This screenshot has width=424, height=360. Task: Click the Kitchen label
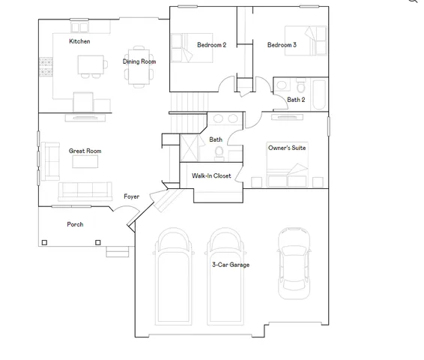click(x=79, y=41)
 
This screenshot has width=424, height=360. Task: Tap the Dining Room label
click(x=139, y=61)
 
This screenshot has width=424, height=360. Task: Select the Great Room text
click(x=85, y=151)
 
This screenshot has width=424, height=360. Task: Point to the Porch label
click(x=75, y=224)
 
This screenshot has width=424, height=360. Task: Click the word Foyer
click(x=131, y=196)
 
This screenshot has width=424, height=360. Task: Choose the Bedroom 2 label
click(x=211, y=45)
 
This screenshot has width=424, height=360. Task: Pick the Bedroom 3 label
click(x=282, y=45)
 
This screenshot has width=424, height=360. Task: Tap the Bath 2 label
click(x=296, y=99)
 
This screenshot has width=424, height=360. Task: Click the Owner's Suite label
click(x=287, y=148)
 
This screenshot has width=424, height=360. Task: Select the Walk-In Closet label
click(x=211, y=175)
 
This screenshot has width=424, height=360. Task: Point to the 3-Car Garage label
click(x=230, y=265)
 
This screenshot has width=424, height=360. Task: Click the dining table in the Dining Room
click(x=139, y=75)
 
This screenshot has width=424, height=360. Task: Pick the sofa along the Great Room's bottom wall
click(x=85, y=190)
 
